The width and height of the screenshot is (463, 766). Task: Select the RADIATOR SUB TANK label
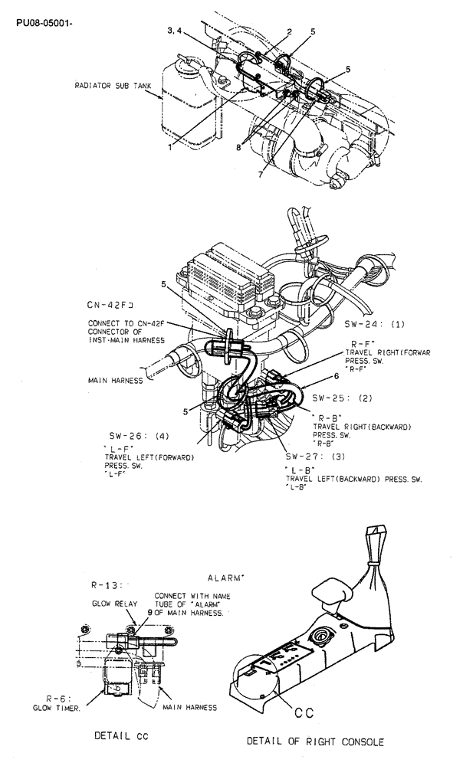(115, 87)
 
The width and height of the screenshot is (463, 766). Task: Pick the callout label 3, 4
(176, 30)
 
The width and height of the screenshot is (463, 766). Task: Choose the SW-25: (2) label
(342, 398)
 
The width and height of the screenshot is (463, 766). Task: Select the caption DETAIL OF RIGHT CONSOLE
(314, 741)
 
